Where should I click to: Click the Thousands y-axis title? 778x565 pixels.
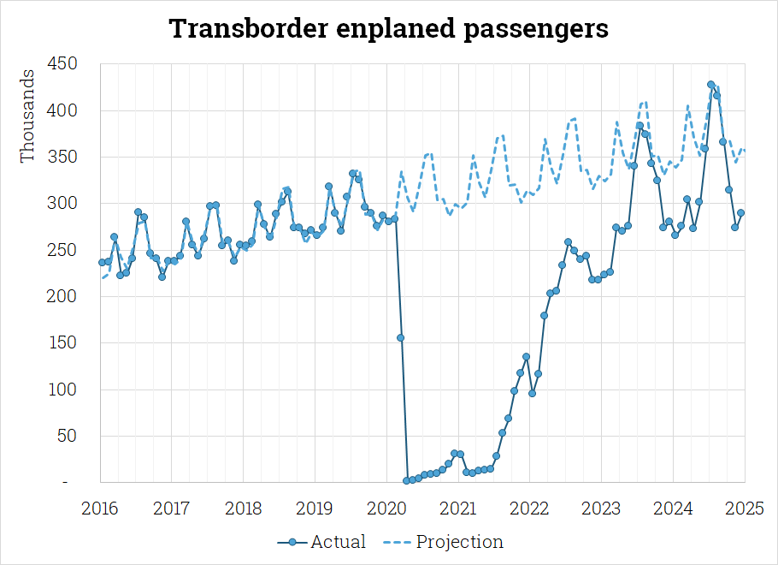click(x=28, y=116)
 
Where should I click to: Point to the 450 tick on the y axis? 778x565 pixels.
click(x=65, y=64)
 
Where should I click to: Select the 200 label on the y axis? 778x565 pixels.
click(x=65, y=296)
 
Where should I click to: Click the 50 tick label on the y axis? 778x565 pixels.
click(x=68, y=436)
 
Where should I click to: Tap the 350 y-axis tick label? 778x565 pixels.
click(x=65, y=158)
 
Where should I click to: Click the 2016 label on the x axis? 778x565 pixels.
click(x=100, y=508)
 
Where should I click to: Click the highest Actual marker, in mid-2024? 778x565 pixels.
click(x=710, y=85)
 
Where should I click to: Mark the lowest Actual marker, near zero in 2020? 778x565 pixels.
click(x=406, y=481)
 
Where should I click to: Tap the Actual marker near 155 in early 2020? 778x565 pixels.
click(x=400, y=338)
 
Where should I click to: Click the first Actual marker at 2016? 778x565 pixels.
click(x=102, y=263)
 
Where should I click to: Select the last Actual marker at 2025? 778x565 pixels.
click(x=741, y=213)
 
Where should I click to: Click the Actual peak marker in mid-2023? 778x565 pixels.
click(x=639, y=126)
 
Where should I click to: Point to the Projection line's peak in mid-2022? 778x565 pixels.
click(x=574, y=118)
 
